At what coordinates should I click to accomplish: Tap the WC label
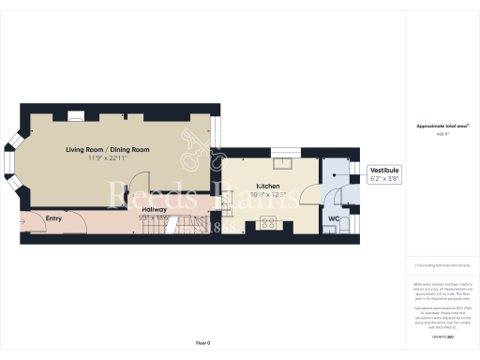point(334,219)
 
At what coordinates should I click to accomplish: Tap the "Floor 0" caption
point(203,344)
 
